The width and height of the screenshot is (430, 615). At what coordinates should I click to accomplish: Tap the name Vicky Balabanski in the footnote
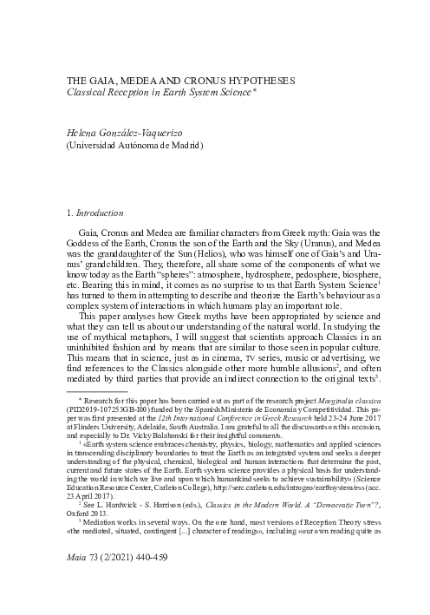click(x=191, y=487)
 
